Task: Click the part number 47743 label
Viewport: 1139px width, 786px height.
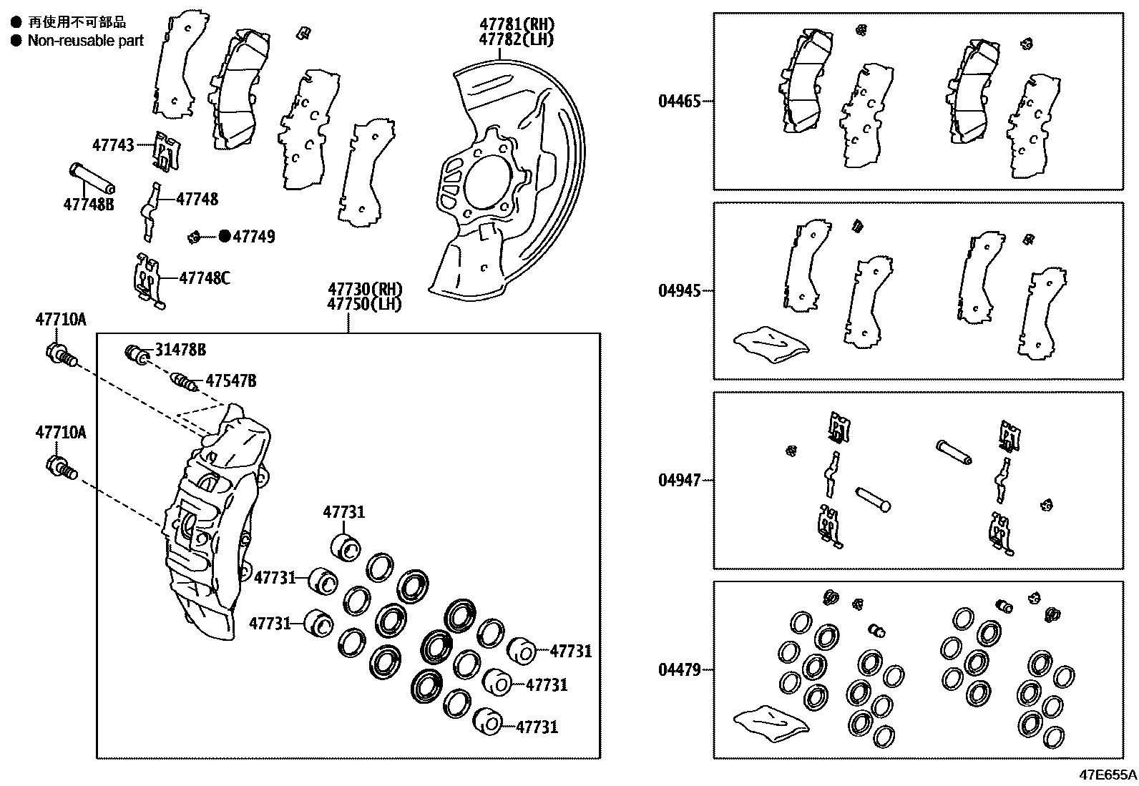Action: [x=112, y=145]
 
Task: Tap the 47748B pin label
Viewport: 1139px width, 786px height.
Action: [x=88, y=205]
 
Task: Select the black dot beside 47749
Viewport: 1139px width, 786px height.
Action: [x=225, y=236]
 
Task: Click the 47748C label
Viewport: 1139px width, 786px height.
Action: [x=204, y=277]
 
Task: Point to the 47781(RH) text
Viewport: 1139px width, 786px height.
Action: [x=517, y=25]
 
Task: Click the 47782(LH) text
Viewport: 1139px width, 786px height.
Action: [x=517, y=39]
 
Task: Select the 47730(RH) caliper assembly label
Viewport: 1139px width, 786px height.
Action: [x=365, y=289]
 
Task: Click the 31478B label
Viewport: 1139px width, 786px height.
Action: [x=180, y=350]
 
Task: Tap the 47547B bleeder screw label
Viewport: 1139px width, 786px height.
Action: [x=230, y=380]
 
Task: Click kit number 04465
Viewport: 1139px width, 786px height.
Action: [x=679, y=102]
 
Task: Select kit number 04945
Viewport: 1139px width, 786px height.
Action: [x=679, y=291]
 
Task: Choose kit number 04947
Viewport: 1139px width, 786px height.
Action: [x=679, y=480]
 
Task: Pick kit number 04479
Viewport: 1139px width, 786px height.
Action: [x=679, y=670]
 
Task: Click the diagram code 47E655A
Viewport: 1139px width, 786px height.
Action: [x=1108, y=775]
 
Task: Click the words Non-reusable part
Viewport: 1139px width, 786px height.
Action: [x=85, y=41]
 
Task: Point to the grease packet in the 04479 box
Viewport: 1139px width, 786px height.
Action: [x=771, y=721]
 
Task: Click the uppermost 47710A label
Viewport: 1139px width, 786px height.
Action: [x=61, y=320]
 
